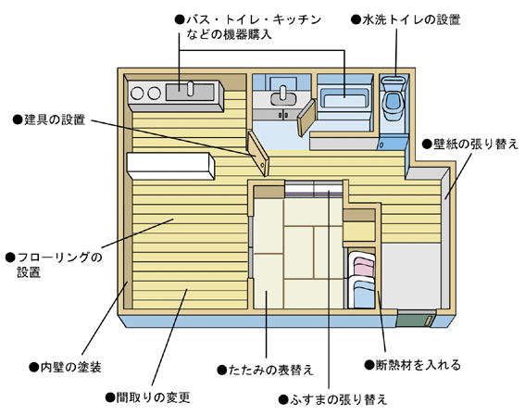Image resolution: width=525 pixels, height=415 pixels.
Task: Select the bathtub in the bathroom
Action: [344, 99]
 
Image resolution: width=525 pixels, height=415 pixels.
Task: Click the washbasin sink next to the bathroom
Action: [283, 98]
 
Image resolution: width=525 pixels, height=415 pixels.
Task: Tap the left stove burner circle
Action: [137, 93]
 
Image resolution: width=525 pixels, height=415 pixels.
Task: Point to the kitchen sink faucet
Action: [190, 88]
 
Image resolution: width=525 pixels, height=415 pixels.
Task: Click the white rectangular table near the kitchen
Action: [170, 166]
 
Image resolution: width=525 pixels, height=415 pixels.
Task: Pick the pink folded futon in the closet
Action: [364, 266]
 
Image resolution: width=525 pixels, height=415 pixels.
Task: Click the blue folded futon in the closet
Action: [364, 294]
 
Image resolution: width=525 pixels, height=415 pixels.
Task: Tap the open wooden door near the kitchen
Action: [258, 153]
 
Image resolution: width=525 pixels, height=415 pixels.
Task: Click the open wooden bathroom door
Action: [306, 118]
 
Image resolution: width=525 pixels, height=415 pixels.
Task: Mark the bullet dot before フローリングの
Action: [10, 258]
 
